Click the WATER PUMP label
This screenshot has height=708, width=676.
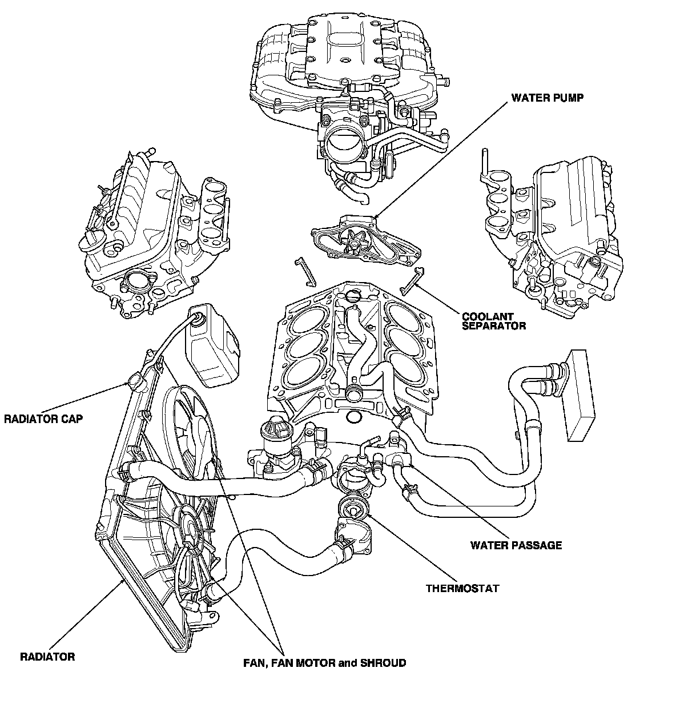point(547,98)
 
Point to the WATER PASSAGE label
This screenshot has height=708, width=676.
point(516,545)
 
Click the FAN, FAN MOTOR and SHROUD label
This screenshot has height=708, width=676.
point(324,663)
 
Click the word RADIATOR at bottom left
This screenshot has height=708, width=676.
point(47,657)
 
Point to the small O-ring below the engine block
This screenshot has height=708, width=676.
point(353,419)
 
